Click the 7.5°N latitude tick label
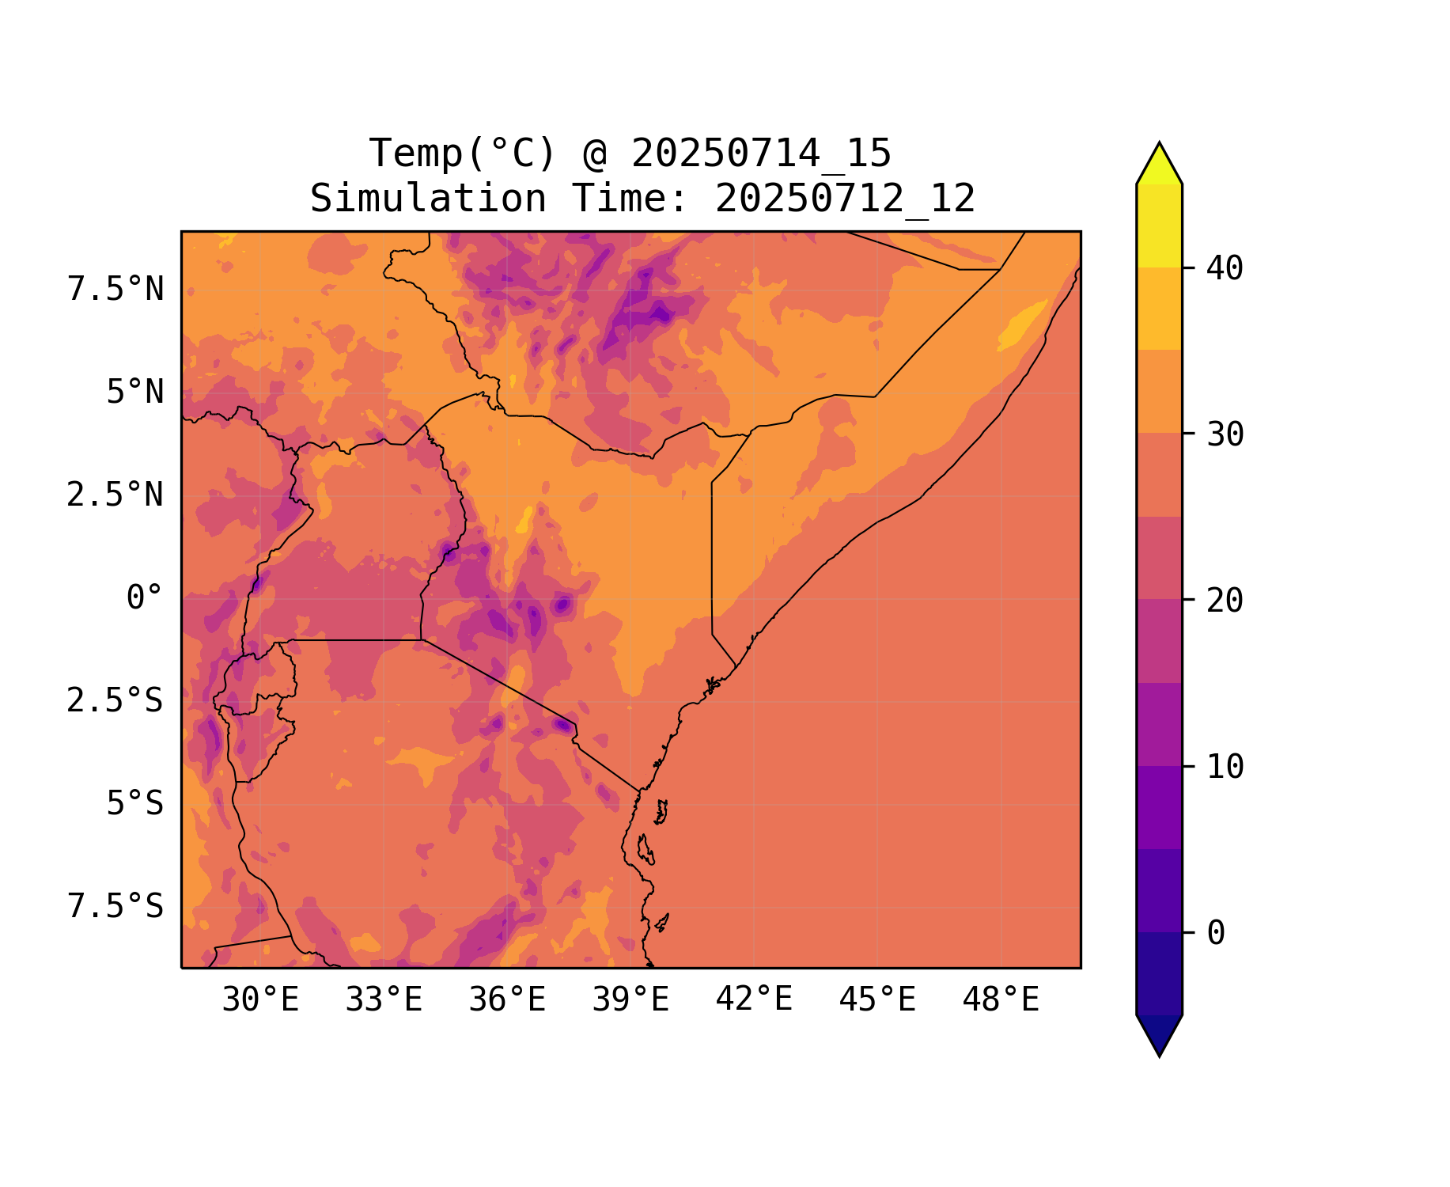[x=115, y=290]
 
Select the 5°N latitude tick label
[x=134, y=393]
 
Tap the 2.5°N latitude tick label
[x=115, y=495]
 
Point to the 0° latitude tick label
[x=144, y=598]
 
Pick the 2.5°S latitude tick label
[x=115, y=701]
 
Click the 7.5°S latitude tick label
[x=115, y=907]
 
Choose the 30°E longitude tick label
[x=260, y=1000]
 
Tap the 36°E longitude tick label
[x=507, y=1000]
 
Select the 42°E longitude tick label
[x=754, y=1000]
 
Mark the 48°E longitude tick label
[x=1001, y=1000]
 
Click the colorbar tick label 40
[x=1225, y=269]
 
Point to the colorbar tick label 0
[x=1216, y=934]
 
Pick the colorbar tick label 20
[x=1225, y=601]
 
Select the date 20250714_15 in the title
[x=761, y=154]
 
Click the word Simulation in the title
[x=428, y=199]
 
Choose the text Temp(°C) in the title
[x=462, y=154]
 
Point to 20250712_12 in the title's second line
[x=845, y=199]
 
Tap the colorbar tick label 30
[x=1225, y=435]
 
